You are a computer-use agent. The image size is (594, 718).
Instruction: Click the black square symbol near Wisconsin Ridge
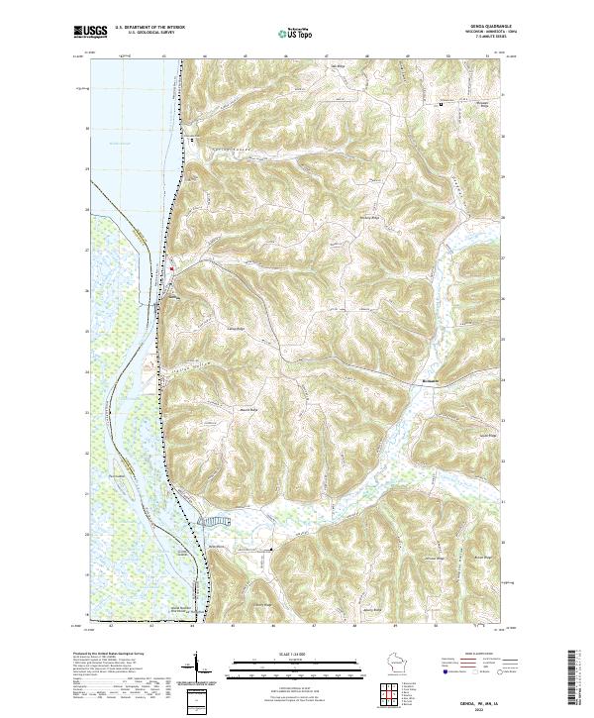tap(442, 103)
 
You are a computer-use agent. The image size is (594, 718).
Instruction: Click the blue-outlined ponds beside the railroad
tap(214, 518)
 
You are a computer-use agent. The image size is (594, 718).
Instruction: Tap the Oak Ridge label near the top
tap(337, 67)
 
